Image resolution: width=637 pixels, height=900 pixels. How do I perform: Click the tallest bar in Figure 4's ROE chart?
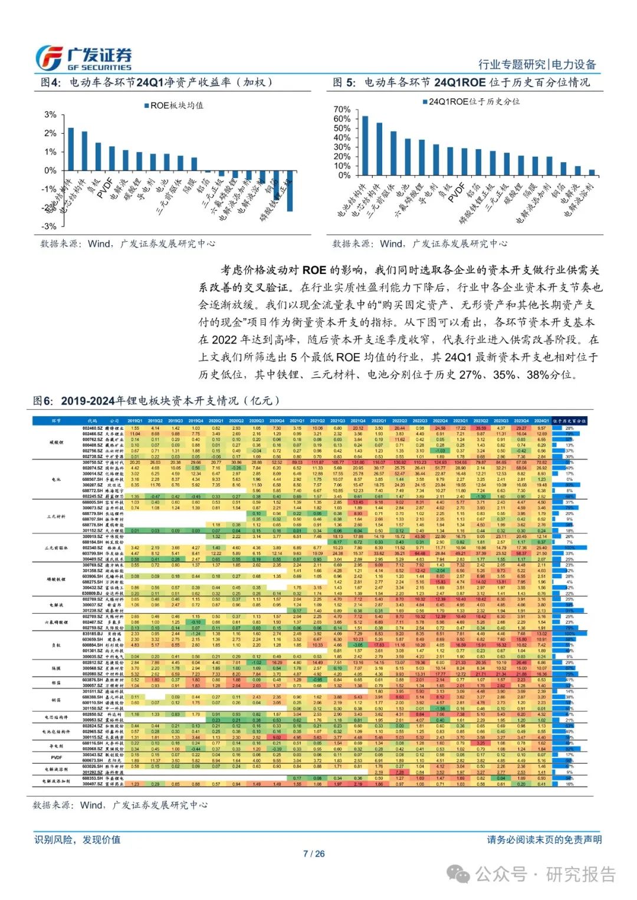71,149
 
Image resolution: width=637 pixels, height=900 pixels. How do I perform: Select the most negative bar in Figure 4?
290,191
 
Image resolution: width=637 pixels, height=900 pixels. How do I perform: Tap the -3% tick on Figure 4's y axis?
51,226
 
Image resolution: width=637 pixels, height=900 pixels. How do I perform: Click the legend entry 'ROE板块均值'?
175,106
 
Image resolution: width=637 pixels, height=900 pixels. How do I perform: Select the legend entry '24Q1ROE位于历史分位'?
471,101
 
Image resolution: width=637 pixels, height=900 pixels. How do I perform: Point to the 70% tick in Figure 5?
342,110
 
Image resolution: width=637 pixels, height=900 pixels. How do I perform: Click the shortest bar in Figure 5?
592,173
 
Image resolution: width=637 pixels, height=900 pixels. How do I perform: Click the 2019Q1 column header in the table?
135,421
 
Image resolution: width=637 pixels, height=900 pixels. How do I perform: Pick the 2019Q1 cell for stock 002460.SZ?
135,428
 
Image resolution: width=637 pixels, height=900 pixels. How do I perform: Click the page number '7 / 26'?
314,853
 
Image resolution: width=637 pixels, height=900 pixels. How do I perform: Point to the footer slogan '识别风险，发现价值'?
77,839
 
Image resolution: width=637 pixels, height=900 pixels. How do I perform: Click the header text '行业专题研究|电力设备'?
537,65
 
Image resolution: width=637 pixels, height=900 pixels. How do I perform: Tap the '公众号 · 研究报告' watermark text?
546,874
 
